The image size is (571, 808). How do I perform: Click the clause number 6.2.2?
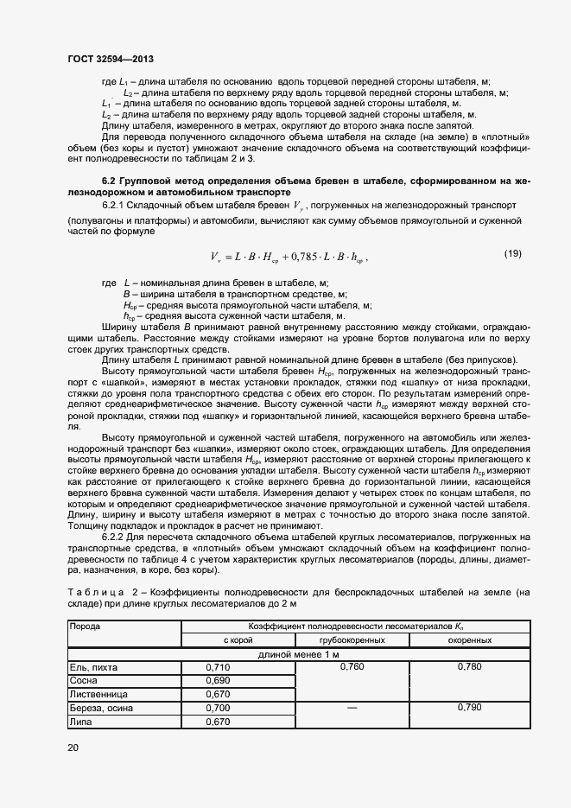[x=116, y=538]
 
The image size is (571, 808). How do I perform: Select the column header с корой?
[x=238, y=640]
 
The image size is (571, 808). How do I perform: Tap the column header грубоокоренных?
[x=352, y=640]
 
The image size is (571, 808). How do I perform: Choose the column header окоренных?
[x=470, y=640]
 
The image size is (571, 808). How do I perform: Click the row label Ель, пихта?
[x=94, y=668]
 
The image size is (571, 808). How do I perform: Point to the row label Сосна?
[x=86, y=681]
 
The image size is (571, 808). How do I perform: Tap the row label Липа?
[x=81, y=722]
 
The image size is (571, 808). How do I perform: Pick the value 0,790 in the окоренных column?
[x=470, y=708]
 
